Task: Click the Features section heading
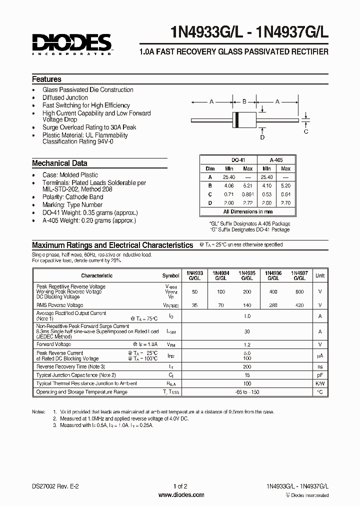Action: tap(46, 79)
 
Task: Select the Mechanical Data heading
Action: tap(59, 163)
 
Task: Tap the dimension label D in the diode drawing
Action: tap(262, 137)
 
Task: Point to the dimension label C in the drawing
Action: tap(306, 131)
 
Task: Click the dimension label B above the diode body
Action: tap(244, 101)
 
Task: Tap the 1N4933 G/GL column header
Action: tap(194, 275)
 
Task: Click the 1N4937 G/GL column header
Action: tap(299, 275)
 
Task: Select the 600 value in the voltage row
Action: tap(299, 291)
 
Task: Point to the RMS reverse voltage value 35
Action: tap(194, 305)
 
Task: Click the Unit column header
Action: tap(320, 275)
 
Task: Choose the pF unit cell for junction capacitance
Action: tap(320, 375)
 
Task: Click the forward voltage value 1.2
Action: tap(247, 344)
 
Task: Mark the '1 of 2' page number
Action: tap(180, 486)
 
